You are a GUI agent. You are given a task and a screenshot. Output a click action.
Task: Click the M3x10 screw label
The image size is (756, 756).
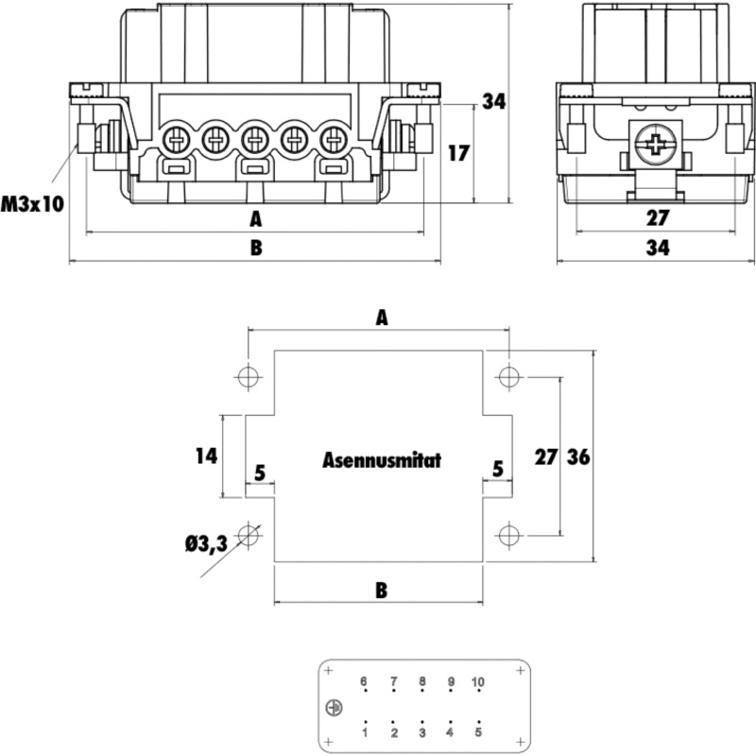32,203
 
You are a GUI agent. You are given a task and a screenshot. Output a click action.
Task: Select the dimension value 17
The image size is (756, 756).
457,153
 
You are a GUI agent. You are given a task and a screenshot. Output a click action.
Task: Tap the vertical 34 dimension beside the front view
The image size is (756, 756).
494,102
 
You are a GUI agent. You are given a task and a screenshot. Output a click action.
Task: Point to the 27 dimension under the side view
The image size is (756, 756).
658,217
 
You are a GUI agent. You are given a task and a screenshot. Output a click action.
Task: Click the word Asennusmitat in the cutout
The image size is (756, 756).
381,461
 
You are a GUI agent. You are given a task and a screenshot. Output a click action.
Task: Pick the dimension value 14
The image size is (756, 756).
206,455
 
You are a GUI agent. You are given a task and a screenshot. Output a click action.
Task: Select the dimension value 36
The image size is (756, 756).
578,457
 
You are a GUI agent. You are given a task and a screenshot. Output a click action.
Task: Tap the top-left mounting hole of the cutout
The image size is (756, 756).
248,377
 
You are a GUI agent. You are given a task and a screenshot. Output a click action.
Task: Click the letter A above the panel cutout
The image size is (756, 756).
381,318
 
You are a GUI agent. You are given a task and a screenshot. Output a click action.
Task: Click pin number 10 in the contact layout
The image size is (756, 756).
477,682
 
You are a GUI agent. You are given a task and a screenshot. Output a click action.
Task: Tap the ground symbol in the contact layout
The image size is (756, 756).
333,708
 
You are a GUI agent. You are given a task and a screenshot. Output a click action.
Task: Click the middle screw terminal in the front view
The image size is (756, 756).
253,141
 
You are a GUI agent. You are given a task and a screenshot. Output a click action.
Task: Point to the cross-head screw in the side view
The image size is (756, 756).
653,146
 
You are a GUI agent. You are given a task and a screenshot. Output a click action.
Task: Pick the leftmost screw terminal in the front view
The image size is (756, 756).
176,141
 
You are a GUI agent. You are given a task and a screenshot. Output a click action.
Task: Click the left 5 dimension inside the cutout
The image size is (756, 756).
260,470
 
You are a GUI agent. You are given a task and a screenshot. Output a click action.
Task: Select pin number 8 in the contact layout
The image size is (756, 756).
422,682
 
